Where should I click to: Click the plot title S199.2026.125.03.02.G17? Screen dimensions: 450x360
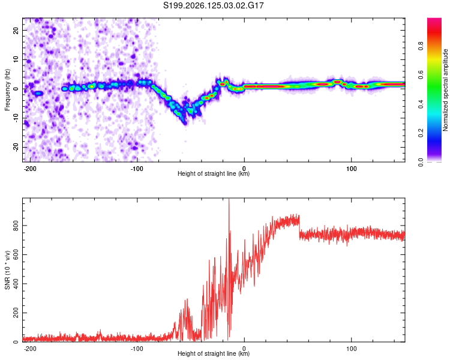click(x=213, y=5)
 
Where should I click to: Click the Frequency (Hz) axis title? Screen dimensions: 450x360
click(x=7, y=90)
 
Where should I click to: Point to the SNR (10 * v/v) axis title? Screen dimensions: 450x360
click(x=7, y=270)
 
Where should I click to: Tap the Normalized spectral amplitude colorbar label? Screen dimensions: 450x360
click(x=445, y=90)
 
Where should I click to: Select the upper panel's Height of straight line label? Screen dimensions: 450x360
click(x=214, y=173)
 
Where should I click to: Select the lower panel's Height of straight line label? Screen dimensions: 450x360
click(x=214, y=353)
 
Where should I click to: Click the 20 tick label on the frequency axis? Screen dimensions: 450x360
click(x=16, y=30)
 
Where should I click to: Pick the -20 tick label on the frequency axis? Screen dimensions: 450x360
click(x=16, y=148)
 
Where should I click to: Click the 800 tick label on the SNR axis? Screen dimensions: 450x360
click(x=16, y=226)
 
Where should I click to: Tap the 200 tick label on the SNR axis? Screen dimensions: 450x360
click(x=16, y=313)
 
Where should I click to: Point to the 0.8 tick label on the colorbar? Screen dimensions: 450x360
click(x=421, y=46)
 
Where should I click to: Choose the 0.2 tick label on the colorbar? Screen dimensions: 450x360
click(x=421, y=133)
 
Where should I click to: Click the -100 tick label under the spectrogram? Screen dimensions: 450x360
click(x=137, y=169)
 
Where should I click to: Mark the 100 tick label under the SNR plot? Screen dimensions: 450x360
click(x=351, y=349)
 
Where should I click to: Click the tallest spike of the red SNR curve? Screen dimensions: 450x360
click(x=229, y=199)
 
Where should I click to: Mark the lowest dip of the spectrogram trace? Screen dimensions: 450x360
click(x=185, y=124)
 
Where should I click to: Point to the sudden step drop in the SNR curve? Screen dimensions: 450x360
click(x=299, y=227)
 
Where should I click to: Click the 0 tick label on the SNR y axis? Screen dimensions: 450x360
click(x=16, y=341)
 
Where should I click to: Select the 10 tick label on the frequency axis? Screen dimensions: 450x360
click(x=16, y=59)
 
